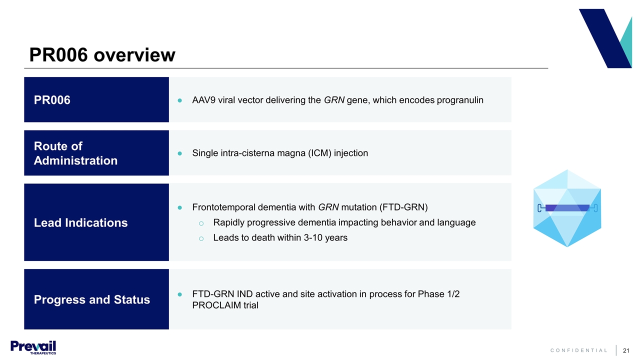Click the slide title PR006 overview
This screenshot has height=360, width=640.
coord(102,55)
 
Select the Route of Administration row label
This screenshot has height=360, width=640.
coord(75,153)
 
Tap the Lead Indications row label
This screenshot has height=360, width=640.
coord(80,223)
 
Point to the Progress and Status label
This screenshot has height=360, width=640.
coord(91,299)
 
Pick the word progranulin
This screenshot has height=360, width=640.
coord(460,100)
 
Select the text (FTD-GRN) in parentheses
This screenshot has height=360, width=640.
coord(403,207)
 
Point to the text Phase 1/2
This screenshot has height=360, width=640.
coord(438,294)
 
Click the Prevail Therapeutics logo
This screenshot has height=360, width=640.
coord(33,347)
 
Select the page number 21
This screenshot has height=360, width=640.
coord(626,350)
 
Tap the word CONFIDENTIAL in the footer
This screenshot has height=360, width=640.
coord(578,350)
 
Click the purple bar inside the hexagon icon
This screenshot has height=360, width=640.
coord(567,208)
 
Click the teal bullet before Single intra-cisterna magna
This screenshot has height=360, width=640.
coord(179,153)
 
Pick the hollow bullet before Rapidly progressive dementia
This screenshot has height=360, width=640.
coord(201,223)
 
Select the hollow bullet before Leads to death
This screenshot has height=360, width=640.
coord(201,238)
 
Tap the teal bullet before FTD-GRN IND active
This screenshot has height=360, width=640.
coord(179,294)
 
